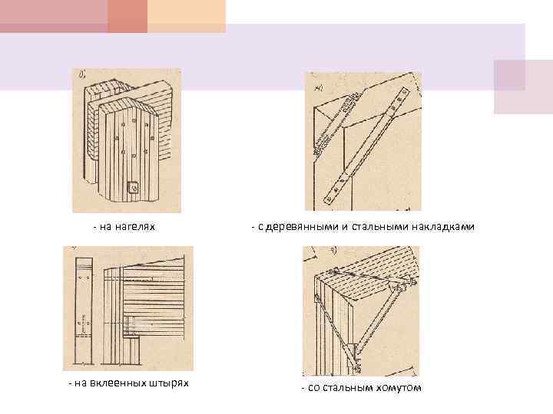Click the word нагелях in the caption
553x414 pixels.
click(x=135, y=227)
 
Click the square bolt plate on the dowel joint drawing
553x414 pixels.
click(x=134, y=189)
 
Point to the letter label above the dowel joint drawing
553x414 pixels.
click(x=81, y=74)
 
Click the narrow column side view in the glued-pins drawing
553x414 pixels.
click(x=84, y=311)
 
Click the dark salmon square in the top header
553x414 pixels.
click(x=127, y=16)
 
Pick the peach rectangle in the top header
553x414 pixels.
click(x=187, y=16)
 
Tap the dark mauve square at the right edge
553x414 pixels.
click(x=510, y=75)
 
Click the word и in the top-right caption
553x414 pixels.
click(x=345, y=228)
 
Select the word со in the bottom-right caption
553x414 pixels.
click(x=313, y=389)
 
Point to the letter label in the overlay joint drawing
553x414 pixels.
click(x=319, y=88)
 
